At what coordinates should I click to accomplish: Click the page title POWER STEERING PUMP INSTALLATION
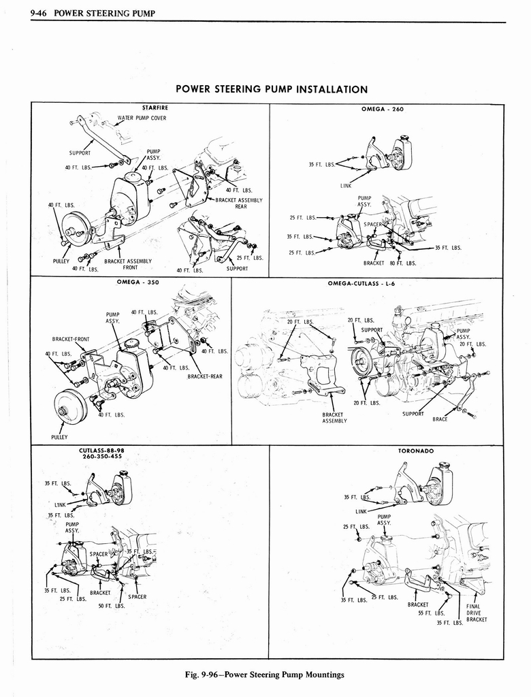272,89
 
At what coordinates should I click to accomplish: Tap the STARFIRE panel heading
155,108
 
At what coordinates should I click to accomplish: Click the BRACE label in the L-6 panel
440,419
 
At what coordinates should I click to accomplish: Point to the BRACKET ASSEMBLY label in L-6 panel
334,417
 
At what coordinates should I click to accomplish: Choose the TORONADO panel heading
416,451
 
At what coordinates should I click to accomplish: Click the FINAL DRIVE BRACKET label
475,613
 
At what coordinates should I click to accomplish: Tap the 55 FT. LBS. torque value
432,613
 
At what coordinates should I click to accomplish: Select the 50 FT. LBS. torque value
110,605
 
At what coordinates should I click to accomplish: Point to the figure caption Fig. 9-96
265,675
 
